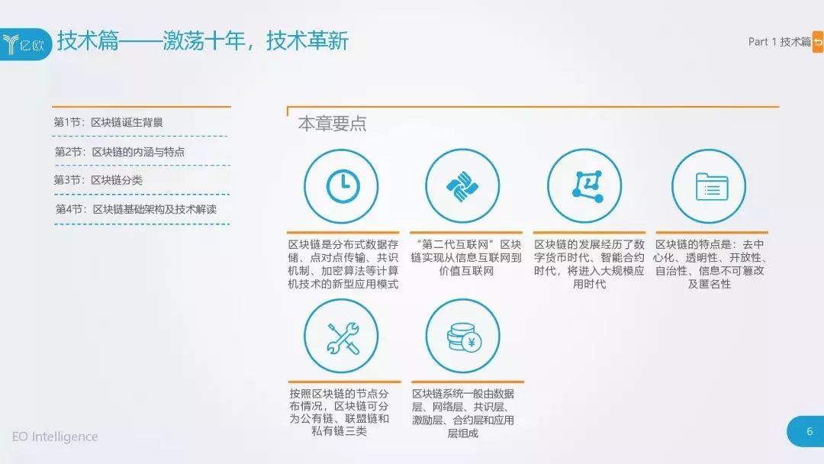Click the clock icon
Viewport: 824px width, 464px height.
pyautogui.click(x=343, y=186)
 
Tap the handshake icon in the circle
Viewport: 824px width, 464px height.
pyautogui.click(x=462, y=186)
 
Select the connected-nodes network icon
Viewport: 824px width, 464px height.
pyautogui.click(x=587, y=186)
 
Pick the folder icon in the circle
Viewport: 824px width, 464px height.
pyautogui.click(x=712, y=186)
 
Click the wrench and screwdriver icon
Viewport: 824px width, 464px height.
pyautogui.click(x=343, y=337)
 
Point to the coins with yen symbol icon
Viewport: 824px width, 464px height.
pyautogui.click(x=464, y=337)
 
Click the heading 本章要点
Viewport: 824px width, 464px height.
pyautogui.click(x=332, y=124)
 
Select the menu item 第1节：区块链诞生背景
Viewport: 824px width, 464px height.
pyautogui.click(x=108, y=122)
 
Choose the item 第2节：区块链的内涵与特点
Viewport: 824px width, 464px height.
pyautogui.click(x=119, y=152)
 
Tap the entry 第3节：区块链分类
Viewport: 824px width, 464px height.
pyautogui.click(x=98, y=180)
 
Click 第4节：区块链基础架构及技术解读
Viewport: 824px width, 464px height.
pyautogui.click(x=136, y=209)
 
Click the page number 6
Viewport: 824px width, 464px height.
pyautogui.click(x=810, y=431)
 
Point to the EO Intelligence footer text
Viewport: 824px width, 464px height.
pyautogui.click(x=55, y=437)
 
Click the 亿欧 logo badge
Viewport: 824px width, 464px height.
pyautogui.click(x=25, y=44)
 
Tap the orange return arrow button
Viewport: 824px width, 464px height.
pyautogui.click(x=818, y=42)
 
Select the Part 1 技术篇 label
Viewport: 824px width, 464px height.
pyautogui.click(x=779, y=41)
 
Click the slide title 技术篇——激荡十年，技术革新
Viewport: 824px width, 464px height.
pyautogui.click(x=203, y=41)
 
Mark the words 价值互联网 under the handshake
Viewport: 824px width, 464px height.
pyautogui.click(x=466, y=271)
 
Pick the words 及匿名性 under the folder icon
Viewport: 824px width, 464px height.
pyautogui.click(x=710, y=285)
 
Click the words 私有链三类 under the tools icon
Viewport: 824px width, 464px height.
pyautogui.click(x=339, y=431)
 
